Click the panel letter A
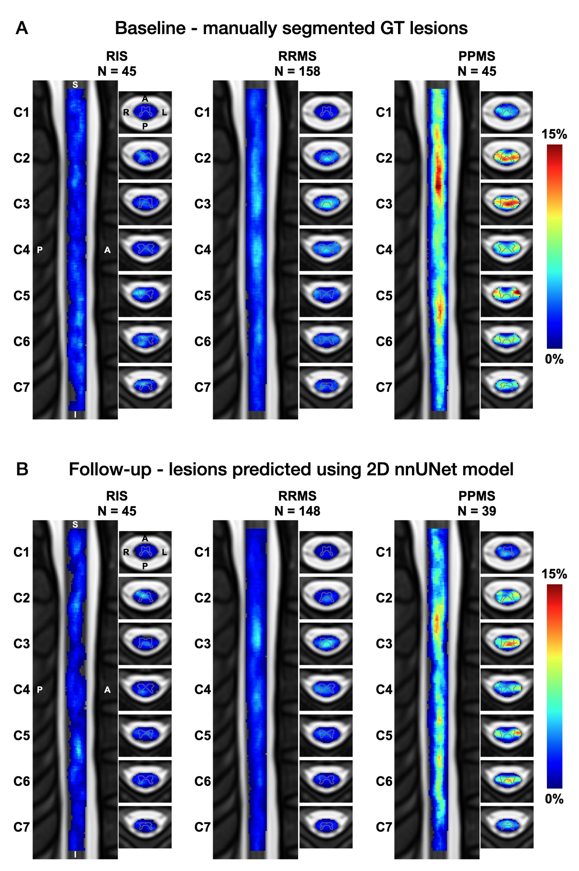click(x=22, y=28)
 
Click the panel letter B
click(x=22, y=469)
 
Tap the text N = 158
click(x=297, y=72)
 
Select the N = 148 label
click(x=297, y=511)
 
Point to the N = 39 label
click(x=477, y=511)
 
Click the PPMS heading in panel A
click(x=477, y=56)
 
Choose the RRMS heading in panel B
click(x=297, y=496)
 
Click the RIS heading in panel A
click(x=117, y=56)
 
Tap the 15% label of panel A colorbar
click(x=554, y=134)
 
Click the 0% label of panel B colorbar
click(x=554, y=799)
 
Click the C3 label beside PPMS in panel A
click(x=384, y=204)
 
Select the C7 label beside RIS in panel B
click(x=22, y=827)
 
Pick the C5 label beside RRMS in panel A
click(x=203, y=296)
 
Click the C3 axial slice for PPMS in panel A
click(x=507, y=204)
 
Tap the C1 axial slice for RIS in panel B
click(x=145, y=552)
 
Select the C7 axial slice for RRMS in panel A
click(x=326, y=387)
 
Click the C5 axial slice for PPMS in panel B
click(x=507, y=735)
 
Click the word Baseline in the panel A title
click(x=150, y=28)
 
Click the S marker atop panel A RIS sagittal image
click(x=75, y=85)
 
